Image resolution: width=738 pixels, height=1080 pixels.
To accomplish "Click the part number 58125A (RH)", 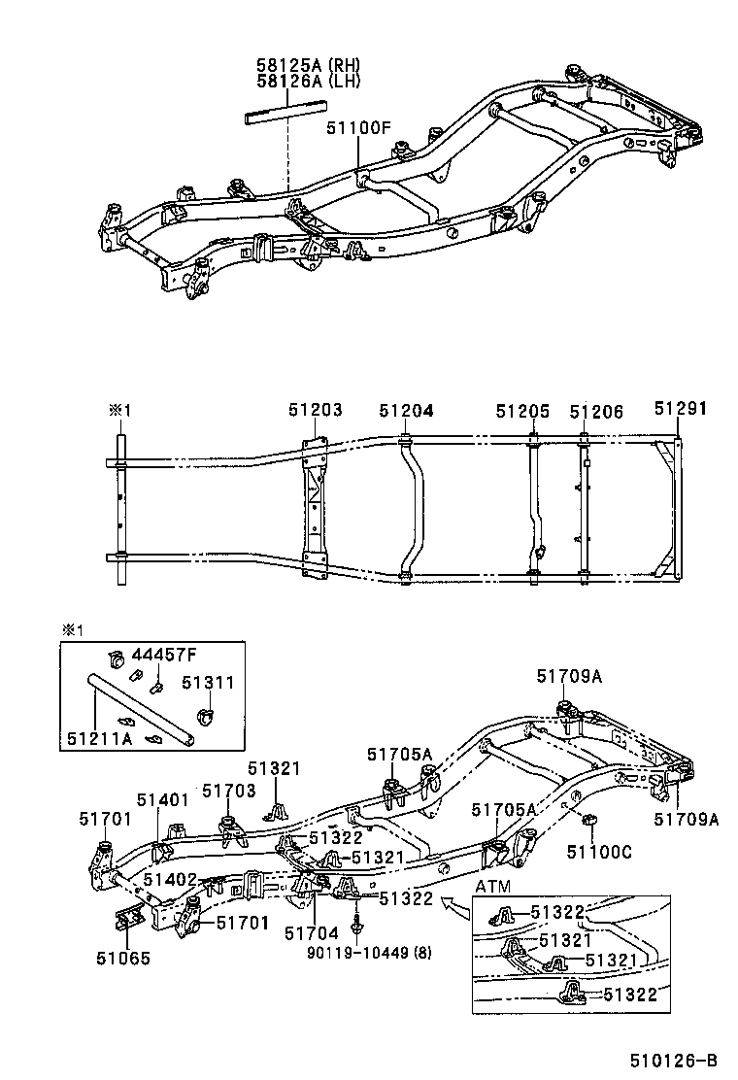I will (308, 65).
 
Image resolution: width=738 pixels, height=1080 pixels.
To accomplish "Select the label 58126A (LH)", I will (308, 82).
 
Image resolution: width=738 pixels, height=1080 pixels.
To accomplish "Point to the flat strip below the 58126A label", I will (283, 114).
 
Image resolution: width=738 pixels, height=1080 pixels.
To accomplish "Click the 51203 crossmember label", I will (315, 411).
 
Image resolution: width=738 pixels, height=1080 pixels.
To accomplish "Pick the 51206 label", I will (596, 411).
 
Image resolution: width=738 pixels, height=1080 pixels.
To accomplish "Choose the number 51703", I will (228, 791).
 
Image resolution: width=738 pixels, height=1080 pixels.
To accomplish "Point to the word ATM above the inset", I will (494, 887).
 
